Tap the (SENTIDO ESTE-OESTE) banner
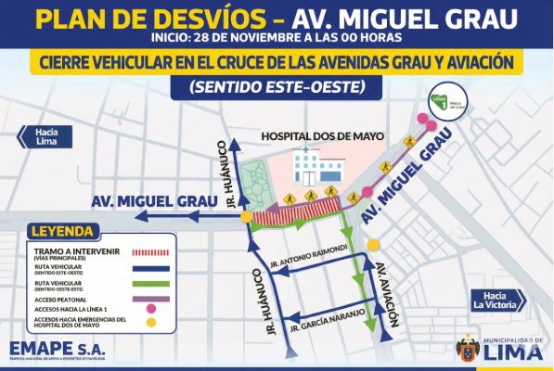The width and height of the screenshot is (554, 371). pos(277,86)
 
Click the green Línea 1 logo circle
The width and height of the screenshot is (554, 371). pos(444,103)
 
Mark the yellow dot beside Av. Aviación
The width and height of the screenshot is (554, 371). pos(374,245)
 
